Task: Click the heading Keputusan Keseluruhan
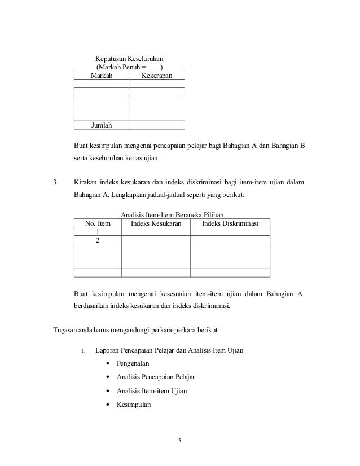[129, 58]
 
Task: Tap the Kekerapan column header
[156, 76]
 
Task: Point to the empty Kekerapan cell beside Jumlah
[156, 125]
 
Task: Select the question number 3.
[55, 182]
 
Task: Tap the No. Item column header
[98, 224]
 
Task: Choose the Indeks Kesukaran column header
[156, 224]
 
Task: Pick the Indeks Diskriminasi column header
[230, 224]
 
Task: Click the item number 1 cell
[98, 232]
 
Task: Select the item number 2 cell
[98, 240]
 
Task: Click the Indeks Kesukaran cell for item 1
[156, 232]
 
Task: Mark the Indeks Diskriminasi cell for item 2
[230, 240]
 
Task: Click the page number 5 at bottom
[179, 441]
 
